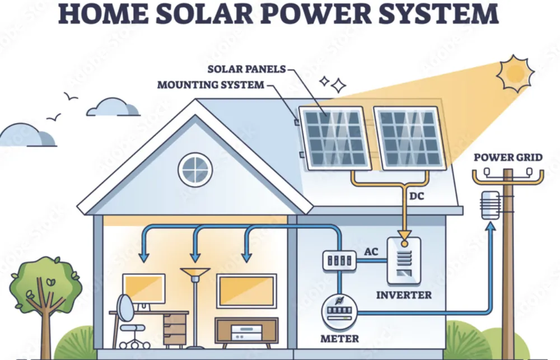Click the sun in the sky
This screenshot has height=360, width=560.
pyautogui.click(x=515, y=73)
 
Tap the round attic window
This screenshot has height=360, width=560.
pyautogui.click(x=195, y=169)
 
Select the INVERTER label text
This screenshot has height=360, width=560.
pyautogui.click(x=404, y=294)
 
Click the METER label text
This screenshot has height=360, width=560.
pyautogui.click(x=340, y=339)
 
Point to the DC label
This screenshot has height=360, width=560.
pyautogui.click(x=417, y=196)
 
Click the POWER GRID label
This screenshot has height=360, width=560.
pyautogui.click(x=508, y=157)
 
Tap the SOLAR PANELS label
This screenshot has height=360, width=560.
pyautogui.click(x=246, y=69)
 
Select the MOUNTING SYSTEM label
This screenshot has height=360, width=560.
pyautogui.click(x=210, y=85)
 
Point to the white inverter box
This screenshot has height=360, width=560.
pyautogui.click(x=404, y=260)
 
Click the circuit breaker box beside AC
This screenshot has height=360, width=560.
pyautogui.click(x=339, y=260)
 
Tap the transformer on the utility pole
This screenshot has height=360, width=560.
pyautogui.click(x=490, y=205)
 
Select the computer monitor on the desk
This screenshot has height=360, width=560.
pyautogui.click(x=144, y=288)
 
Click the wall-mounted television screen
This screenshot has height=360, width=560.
pyautogui.click(x=246, y=291)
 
